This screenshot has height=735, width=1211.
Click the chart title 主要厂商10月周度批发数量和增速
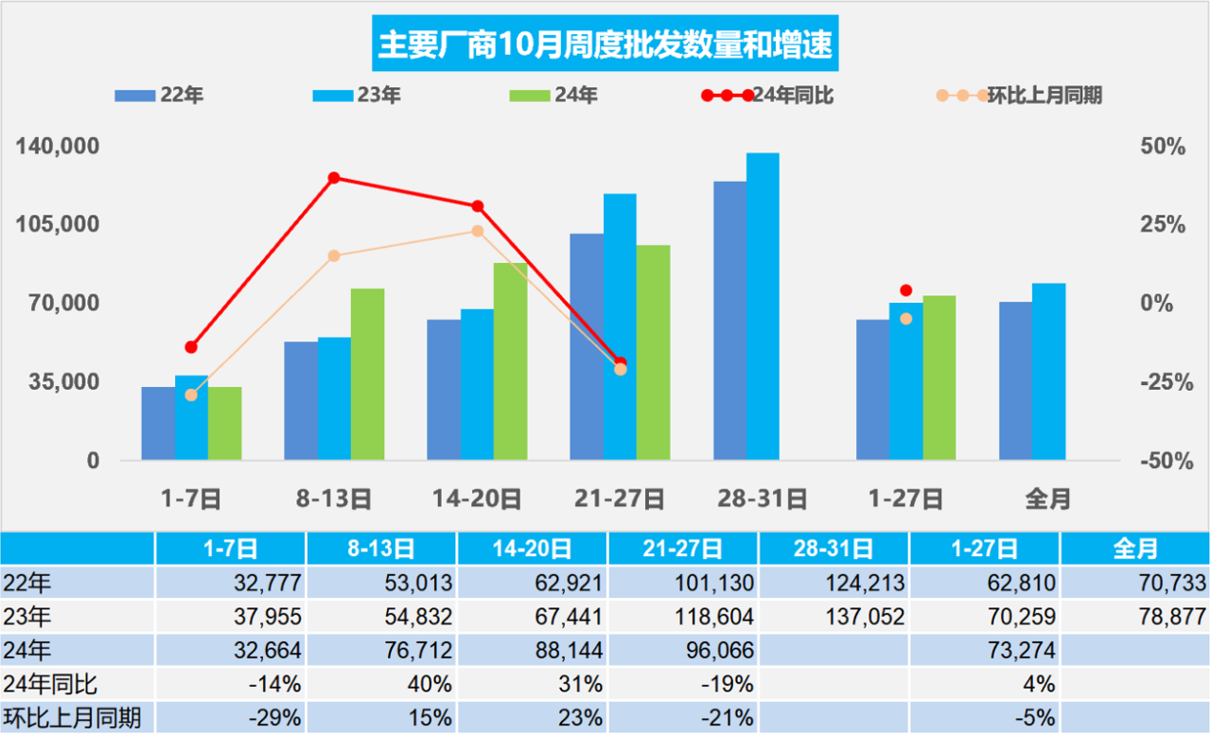(605, 44)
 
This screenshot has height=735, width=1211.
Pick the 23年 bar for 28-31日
(763, 306)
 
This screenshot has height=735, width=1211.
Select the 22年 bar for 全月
(1015, 380)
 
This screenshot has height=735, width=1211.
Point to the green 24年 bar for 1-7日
(225, 423)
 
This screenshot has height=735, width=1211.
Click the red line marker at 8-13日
(334, 178)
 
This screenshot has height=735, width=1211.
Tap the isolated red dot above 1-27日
(905, 290)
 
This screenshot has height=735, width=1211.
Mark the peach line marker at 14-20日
(478, 231)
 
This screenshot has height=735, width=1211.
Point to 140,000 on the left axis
(59, 147)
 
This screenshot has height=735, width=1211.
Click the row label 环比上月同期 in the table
(72, 718)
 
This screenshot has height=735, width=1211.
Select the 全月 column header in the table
(1135, 548)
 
